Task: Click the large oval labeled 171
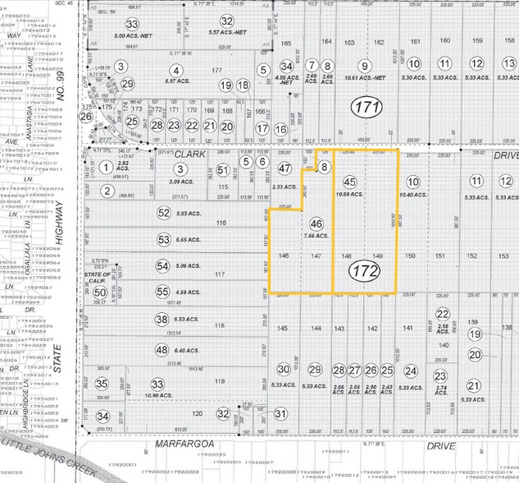point(367,107)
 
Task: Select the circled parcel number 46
point(316,223)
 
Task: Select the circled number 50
point(100,292)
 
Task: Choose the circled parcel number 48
point(162,351)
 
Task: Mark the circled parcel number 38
point(162,320)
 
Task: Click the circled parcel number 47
point(285,168)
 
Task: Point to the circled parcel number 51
point(223,169)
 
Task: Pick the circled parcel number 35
point(102,383)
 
